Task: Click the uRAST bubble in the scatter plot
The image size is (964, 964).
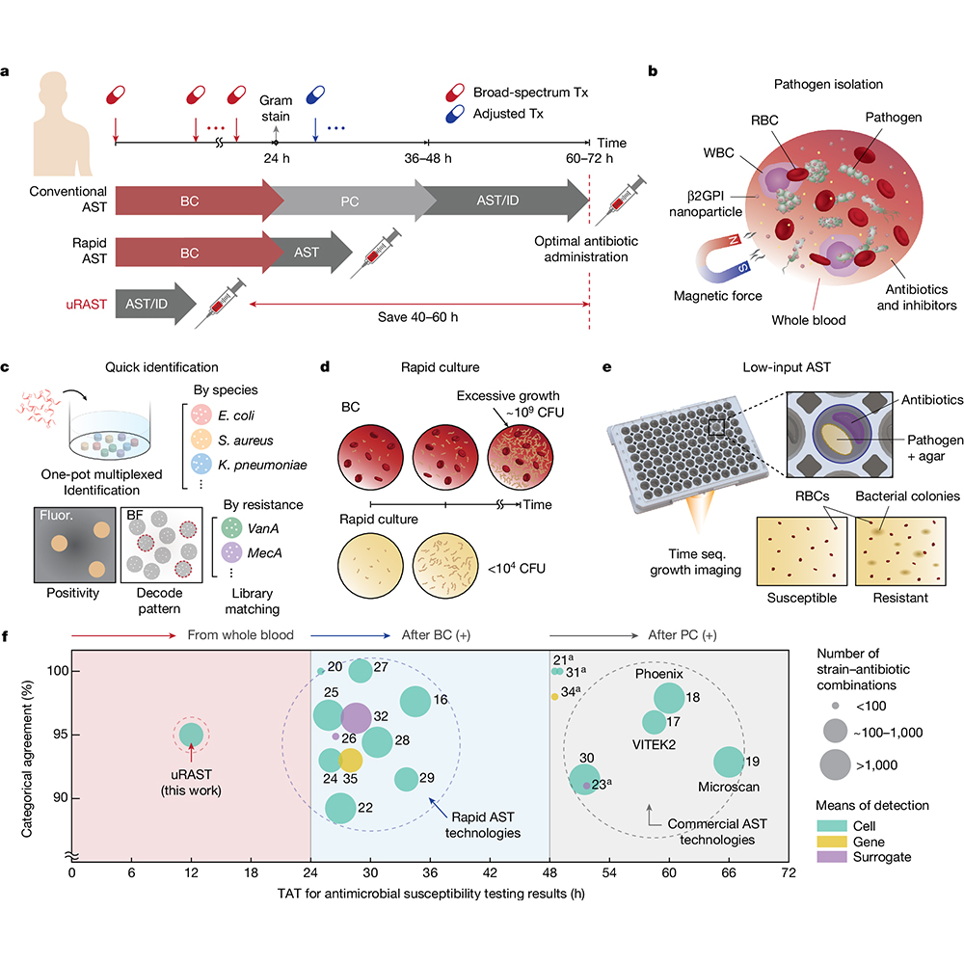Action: (191, 734)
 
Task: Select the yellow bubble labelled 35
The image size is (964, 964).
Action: (350, 761)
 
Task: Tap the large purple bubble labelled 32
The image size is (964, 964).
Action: (356, 717)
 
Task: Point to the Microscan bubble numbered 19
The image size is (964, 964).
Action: (729, 762)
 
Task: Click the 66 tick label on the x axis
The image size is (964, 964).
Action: (729, 872)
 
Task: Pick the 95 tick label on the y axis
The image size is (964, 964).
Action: (60, 734)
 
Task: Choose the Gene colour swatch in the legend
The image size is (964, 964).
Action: (832, 842)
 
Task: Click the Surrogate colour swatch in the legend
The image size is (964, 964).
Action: (832, 856)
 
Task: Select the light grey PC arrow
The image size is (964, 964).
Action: (351, 201)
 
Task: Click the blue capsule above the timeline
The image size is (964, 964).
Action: (315, 94)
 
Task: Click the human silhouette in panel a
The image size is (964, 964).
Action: (62, 124)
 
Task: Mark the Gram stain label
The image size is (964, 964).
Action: (276, 108)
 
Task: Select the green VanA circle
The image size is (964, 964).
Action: (231, 528)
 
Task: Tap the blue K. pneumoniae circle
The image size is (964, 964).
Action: (201, 465)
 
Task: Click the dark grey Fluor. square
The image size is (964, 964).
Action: (75, 545)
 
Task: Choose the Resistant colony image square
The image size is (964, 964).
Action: (900, 550)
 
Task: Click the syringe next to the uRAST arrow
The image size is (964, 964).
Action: (221, 303)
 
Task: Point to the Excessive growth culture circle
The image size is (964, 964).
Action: (521, 457)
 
